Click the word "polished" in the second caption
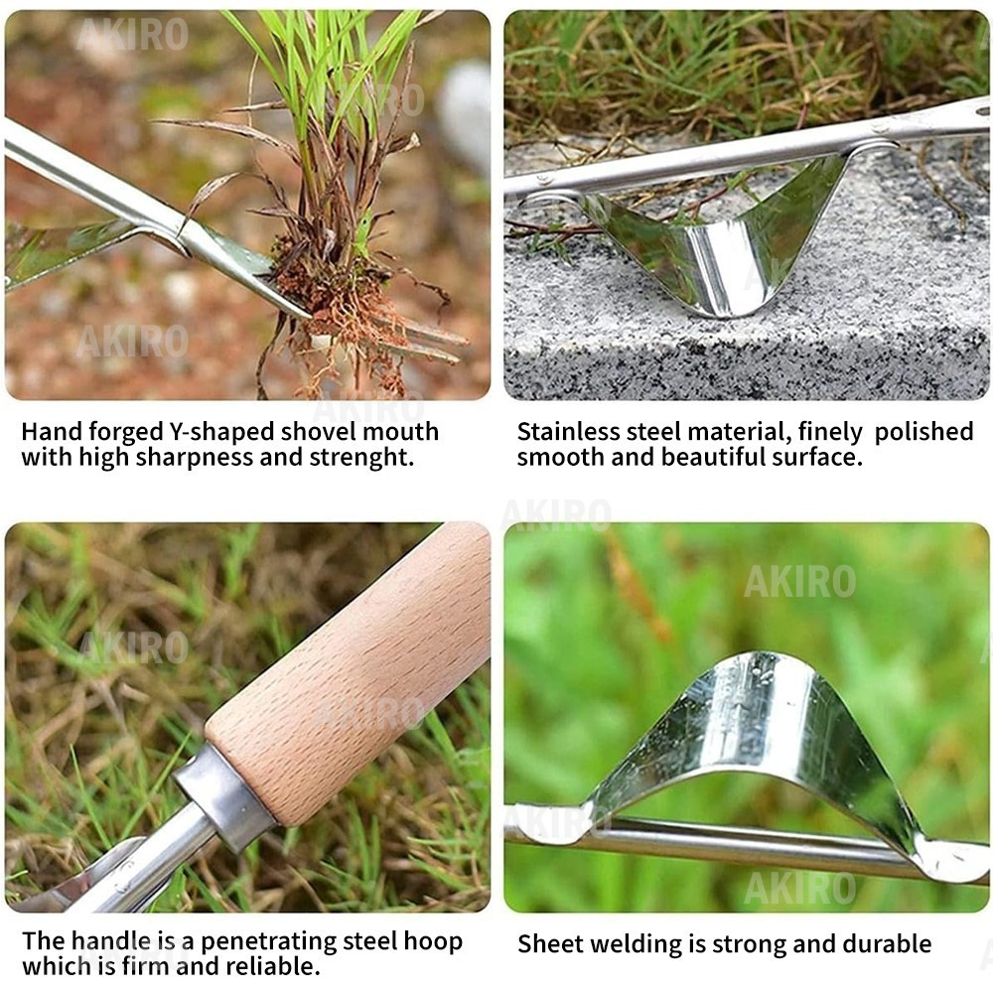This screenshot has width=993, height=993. point(923,432)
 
